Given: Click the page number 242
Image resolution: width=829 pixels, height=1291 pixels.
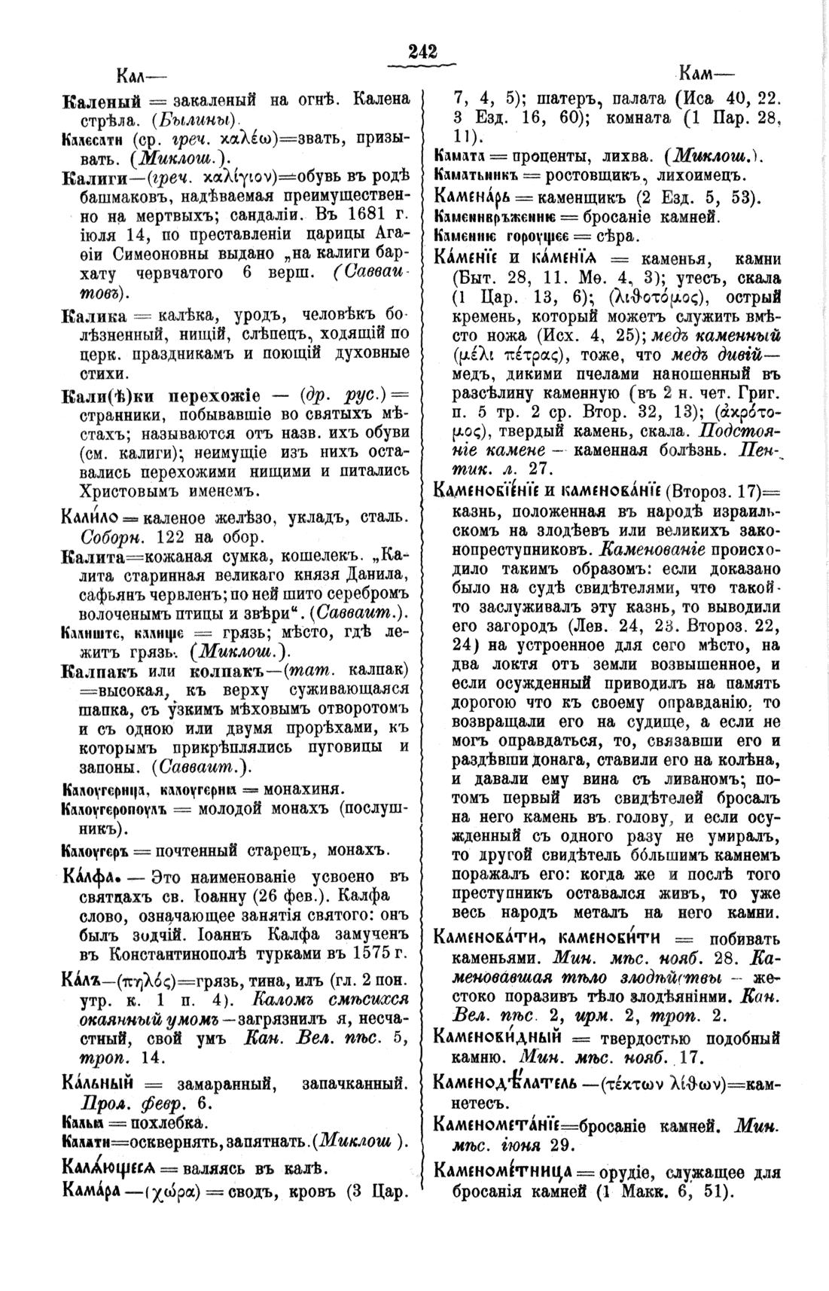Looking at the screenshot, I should point(422,51).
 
